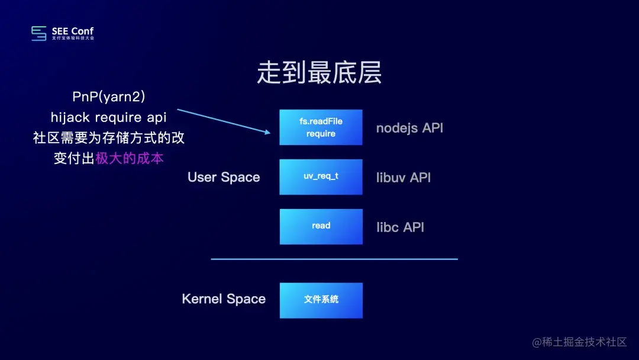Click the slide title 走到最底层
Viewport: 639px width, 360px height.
click(319, 73)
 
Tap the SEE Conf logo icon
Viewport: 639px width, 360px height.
click(39, 33)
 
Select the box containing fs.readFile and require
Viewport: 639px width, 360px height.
click(321, 127)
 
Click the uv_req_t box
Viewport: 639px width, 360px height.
click(321, 177)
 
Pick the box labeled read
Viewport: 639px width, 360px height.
click(321, 226)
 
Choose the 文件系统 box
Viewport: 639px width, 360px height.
click(321, 300)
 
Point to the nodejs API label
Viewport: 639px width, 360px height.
click(409, 128)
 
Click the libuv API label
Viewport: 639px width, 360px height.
click(404, 178)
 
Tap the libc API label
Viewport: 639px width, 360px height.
click(400, 227)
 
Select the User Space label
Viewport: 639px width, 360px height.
click(224, 178)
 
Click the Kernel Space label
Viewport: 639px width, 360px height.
click(224, 299)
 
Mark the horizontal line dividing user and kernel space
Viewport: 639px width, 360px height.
click(334, 259)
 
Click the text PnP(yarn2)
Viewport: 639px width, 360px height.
click(109, 97)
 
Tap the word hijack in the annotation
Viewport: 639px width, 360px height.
click(70, 117)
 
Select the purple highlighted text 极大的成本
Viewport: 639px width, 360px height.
click(130, 159)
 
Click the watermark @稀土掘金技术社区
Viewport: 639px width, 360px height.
click(579, 342)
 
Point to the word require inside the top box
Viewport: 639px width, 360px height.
click(321, 134)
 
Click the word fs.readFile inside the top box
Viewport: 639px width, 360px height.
click(321, 121)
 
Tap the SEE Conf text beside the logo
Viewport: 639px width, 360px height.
click(73, 31)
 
